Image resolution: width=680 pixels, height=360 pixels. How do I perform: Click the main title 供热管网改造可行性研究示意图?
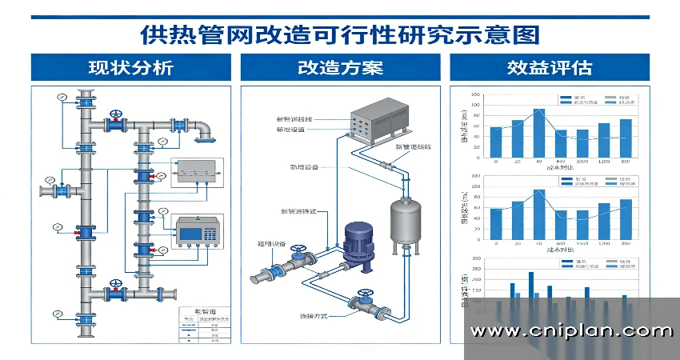point(340,34)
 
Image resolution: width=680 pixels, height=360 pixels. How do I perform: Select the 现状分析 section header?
point(130,67)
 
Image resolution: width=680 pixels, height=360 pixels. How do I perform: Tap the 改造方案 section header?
point(340,67)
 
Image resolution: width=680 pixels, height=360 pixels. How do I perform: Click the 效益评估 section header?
point(549,67)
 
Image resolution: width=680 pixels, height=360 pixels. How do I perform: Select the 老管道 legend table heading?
point(194,310)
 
